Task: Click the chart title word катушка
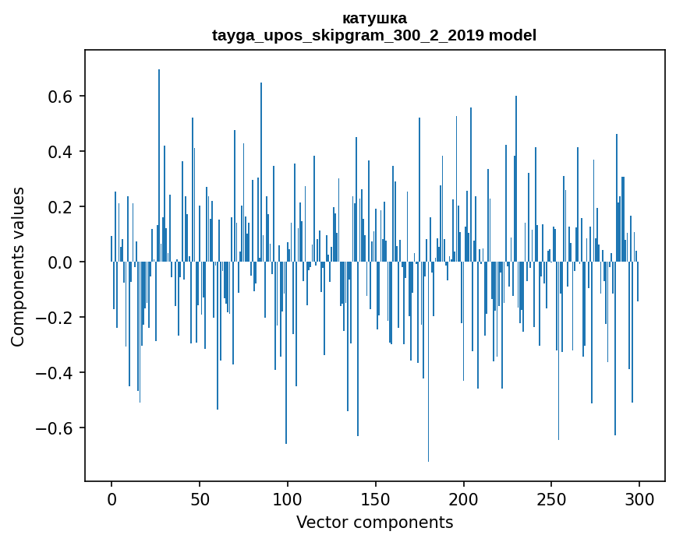click(374, 18)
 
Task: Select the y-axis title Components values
click(18, 266)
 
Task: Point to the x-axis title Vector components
click(374, 522)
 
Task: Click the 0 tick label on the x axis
click(111, 498)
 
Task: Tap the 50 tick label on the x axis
click(200, 498)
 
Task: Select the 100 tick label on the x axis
click(288, 498)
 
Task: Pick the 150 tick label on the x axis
click(376, 498)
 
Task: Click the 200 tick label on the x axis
click(464, 498)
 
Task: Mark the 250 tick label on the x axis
click(552, 498)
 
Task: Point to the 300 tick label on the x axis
click(640, 498)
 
